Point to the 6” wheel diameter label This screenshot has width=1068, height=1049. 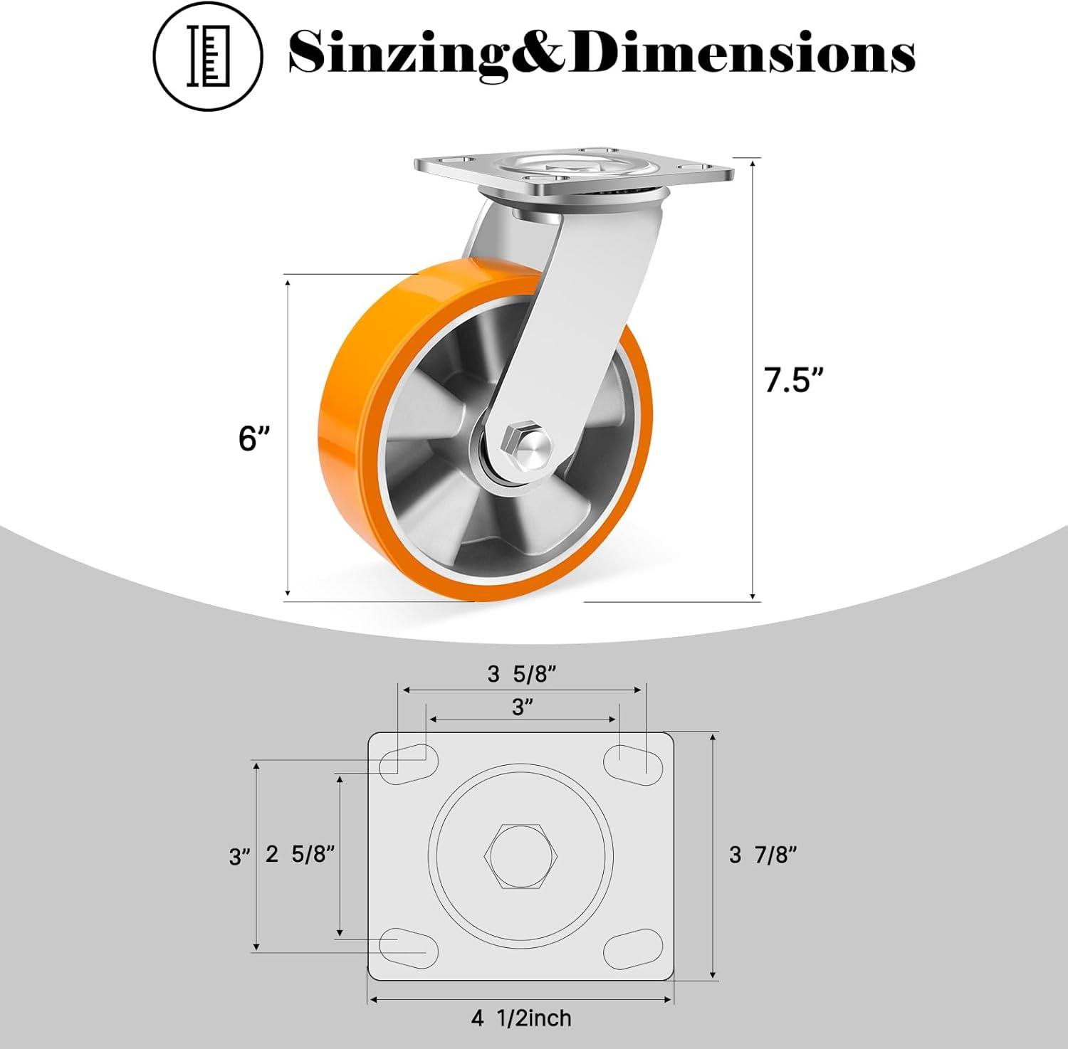click(253, 438)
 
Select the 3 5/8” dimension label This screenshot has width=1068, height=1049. click(521, 674)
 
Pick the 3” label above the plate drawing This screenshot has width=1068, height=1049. click(523, 707)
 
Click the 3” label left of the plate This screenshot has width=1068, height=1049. click(240, 856)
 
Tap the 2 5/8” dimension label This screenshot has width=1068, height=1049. click(300, 854)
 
